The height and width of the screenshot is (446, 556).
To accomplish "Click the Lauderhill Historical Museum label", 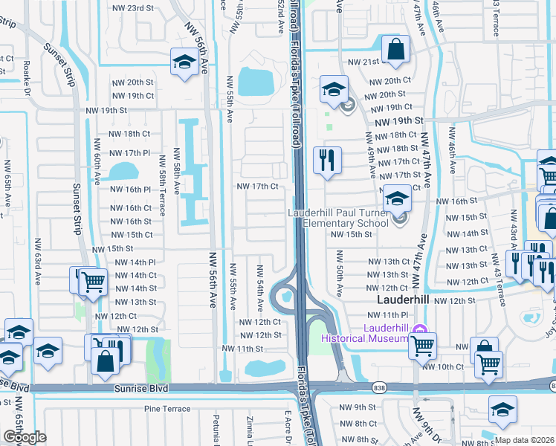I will click(364, 333).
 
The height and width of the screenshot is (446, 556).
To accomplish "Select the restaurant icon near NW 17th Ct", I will click(327, 160).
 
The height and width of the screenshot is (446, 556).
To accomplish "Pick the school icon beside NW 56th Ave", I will click(183, 63).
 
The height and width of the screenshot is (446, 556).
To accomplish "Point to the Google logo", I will click(25, 437).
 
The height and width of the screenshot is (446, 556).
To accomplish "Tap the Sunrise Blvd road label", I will click(141, 389).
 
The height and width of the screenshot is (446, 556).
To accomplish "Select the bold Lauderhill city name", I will click(405, 300).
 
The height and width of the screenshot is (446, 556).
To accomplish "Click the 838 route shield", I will click(380, 387).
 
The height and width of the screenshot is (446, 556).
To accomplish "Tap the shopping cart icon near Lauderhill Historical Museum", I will click(422, 343).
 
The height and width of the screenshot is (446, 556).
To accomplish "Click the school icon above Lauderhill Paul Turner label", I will click(396, 200).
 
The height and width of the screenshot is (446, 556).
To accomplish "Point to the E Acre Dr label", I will click(287, 427).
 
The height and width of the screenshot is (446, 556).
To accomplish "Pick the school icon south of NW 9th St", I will click(502, 410).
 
